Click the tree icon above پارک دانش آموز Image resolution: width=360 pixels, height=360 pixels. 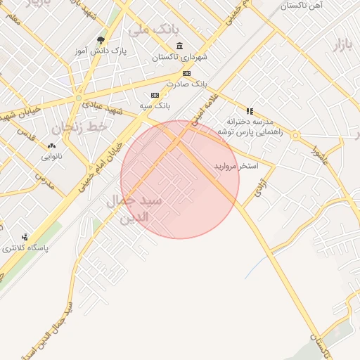click(x=101, y=41)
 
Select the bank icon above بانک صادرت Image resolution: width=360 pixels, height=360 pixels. click(x=186, y=73)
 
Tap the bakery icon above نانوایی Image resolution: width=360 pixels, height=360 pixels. click(x=51, y=146)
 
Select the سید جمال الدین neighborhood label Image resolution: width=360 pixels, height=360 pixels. click(x=136, y=209)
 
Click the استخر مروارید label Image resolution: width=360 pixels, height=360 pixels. click(x=236, y=166)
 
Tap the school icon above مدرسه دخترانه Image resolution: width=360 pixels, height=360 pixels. click(x=249, y=111)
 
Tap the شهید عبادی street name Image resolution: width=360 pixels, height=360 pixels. click(x=102, y=108)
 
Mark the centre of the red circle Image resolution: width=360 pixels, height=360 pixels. click(x=180, y=179)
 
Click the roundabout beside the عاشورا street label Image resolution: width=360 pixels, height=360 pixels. click(x=296, y=135)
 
